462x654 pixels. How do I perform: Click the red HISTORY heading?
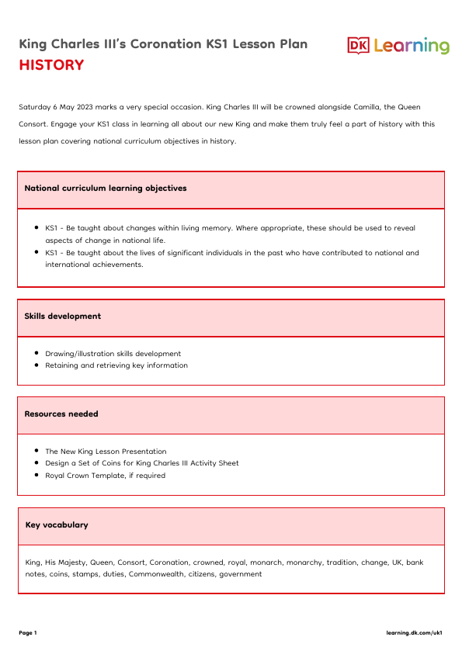(x=51, y=65)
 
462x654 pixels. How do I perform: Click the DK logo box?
(x=358, y=46)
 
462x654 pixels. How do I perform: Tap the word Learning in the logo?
(x=411, y=47)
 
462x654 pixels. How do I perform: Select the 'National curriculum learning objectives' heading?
(x=106, y=189)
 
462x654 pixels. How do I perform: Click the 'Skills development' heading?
(x=63, y=317)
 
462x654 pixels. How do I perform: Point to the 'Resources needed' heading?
(x=61, y=414)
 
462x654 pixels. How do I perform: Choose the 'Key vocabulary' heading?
(x=57, y=525)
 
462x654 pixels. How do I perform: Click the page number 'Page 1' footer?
(x=28, y=633)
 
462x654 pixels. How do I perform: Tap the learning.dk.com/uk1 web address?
(x=415, y=633)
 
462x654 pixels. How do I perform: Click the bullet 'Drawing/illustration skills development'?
(x=113, y=354)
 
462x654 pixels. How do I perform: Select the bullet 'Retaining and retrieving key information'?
(x=116, y=365)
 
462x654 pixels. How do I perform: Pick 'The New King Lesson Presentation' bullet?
(x=106, y=452)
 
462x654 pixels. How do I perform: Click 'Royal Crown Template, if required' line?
(x=105, y=476)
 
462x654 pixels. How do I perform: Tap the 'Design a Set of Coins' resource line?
(x=141, y=463)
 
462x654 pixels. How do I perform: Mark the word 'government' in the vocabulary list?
(x=241, y=575)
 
